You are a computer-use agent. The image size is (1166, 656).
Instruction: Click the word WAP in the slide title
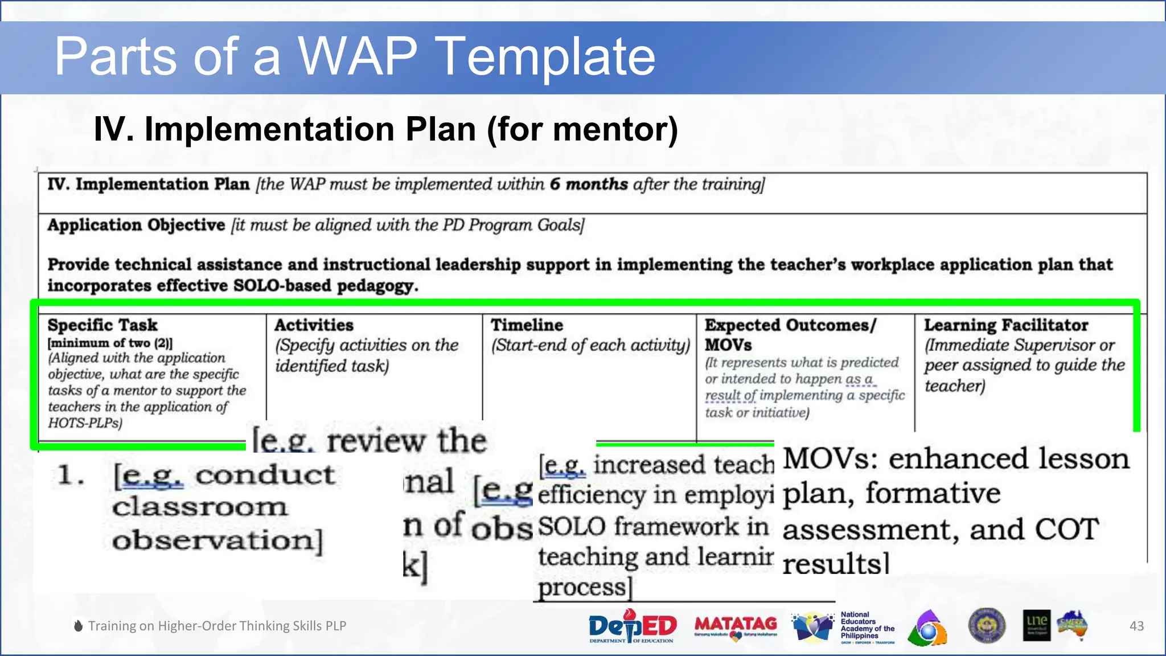(358, 56)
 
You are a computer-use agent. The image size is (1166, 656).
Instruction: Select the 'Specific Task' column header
(102, 325)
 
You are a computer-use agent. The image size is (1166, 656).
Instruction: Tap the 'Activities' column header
(314, 325)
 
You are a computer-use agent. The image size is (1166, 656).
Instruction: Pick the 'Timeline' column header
(527, 325)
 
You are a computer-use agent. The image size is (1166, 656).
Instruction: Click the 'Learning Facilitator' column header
(1005, 325)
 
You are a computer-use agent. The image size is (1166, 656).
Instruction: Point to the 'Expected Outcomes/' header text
(790, 325)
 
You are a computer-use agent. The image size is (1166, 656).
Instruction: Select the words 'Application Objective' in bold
(136, 225)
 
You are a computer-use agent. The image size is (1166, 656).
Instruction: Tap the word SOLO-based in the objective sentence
(282, 285)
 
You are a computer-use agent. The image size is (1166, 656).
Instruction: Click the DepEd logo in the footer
(633, 626)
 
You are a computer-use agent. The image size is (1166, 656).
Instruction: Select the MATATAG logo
(736, 626)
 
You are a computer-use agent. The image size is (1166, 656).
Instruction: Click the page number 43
(1136, 626)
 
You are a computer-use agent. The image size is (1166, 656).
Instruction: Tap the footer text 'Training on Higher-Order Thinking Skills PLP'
(217, 626)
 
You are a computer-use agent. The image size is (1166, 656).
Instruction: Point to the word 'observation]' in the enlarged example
(217, 540)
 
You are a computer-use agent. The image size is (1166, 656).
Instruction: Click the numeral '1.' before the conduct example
(71, 475)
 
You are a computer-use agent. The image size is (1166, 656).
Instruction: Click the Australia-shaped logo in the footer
(1073, 625)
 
